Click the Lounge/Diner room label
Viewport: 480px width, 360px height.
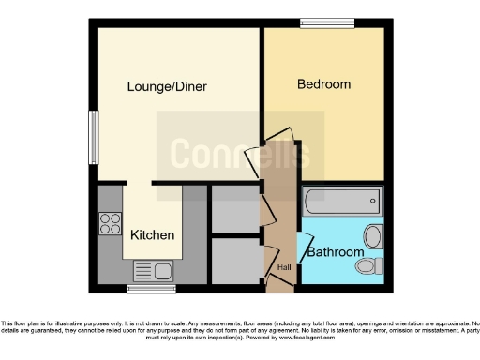(167, 87)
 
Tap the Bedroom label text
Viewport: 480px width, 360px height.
(323, 84)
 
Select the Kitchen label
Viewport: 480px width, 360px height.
(152, 234)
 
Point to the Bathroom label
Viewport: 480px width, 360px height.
(336, 252)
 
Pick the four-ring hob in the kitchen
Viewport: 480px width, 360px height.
(111, 223)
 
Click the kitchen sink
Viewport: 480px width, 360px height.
(153, 272)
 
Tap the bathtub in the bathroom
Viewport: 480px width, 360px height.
(341, 200)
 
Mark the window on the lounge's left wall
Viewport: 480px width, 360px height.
(94, 137)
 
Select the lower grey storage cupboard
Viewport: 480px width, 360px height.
(233, 260)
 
